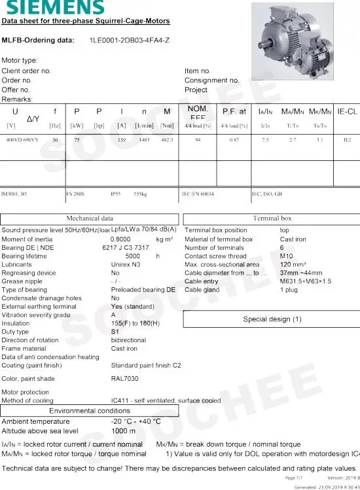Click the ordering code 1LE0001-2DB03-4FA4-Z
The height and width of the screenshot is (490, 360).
pyautogui.click(x=130, y=41)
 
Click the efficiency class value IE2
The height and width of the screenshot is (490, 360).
pyautogui.click(x=347, y=140)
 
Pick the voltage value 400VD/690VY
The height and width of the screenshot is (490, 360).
pyautogui.click(x=22, y=140)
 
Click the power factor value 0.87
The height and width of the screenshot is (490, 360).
pyautogui.click(x=234, y=140)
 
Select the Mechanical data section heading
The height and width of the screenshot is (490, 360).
pyautogui.click(x=90, y=219)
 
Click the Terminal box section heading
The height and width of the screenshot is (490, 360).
pyautogui.click(x=272, y=219)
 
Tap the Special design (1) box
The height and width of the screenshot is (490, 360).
pyautogui.click(x=272, y=319)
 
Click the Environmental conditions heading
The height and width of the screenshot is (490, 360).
pyautogui.click(x=90, y=410)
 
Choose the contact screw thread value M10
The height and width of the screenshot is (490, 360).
pyautogui.click(x=287, y=256)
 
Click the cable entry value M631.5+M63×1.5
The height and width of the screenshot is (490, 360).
pyautogui.click(x=306, y=281)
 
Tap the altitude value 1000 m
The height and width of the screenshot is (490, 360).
pyautogui.click(x=124, y=431)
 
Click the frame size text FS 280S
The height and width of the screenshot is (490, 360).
pyautogui.click(x=75, y=194)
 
